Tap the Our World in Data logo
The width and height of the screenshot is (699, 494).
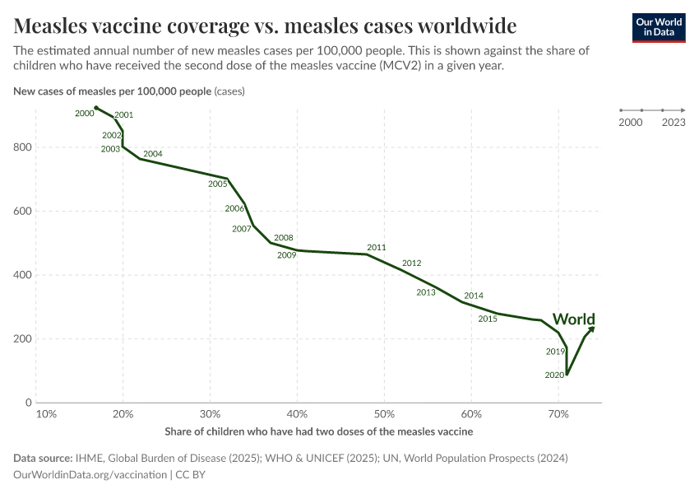658,26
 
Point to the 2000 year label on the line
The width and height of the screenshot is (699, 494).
84,114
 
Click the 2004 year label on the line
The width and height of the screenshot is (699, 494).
153,154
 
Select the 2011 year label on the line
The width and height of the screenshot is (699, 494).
377,247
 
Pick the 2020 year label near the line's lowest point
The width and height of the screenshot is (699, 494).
554,375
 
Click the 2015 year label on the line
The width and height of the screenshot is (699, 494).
488,319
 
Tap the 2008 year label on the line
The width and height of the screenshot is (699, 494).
284,238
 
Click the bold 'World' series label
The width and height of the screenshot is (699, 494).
574,319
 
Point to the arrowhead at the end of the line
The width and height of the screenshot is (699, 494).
591,329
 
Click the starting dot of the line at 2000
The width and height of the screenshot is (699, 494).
96,108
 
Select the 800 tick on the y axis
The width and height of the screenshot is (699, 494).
23,147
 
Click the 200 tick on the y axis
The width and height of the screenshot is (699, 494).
23,339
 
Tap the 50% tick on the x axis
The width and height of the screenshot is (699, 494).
384,414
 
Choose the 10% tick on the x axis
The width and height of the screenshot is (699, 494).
47,414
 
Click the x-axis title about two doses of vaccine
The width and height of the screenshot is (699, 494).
318,431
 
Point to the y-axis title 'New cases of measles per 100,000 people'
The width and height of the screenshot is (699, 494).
113,91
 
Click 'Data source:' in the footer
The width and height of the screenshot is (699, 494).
43,459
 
